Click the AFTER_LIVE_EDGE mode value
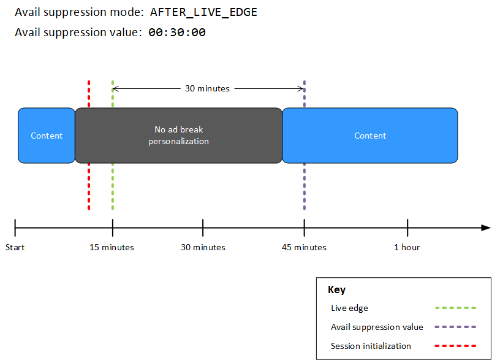point(203,13)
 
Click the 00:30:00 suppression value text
point(177,33)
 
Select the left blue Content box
point(47,136)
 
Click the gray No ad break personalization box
point(178,136)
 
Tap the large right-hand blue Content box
point(370,136)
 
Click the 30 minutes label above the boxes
point(207,88)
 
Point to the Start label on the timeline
point(15,247)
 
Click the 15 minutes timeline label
point(112,247)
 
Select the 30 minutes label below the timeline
point(203,247)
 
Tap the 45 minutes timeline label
point(304,247)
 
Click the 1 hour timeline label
point(407,247)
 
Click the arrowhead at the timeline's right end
point(486,228)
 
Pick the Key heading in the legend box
point(336,290)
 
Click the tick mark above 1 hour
point(407,227)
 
